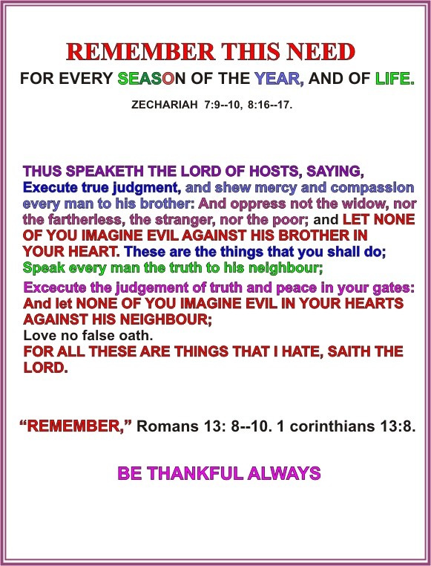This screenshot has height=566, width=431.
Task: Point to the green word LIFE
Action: (x=395, y=78)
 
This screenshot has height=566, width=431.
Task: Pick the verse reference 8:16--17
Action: (x=270, y=105)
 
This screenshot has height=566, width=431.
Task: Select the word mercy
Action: (x=276, y=188)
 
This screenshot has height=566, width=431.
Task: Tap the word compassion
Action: (x=372, y=188)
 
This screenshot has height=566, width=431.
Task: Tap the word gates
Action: (x=393, y=288)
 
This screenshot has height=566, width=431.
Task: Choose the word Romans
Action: (x=168, y=426)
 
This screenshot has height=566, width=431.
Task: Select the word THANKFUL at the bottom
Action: (x=195, y=473)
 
